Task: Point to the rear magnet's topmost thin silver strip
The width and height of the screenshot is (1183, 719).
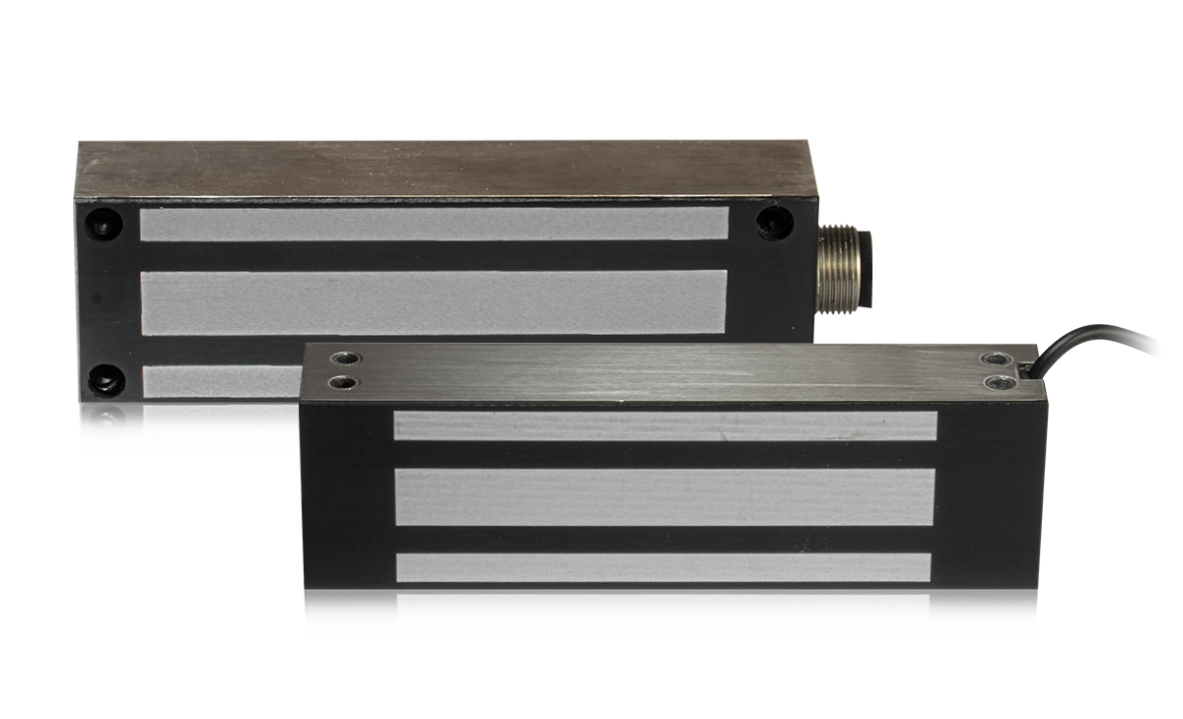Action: click(434, 224)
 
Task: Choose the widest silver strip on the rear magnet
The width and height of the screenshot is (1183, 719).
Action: click(434, 301)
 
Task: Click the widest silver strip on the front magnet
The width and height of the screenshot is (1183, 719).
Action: click(664, 496)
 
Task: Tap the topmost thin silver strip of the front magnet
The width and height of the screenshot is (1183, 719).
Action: click(664, 425)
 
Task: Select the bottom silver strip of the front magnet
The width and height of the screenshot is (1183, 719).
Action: click(662, 609)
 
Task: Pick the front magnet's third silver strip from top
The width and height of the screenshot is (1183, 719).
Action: click(662, 567)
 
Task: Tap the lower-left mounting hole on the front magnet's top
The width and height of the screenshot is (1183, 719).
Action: click(342, 381)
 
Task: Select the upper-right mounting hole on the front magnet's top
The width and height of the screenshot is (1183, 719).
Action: click(998, 359)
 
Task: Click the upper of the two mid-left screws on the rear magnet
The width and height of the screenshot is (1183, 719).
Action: click(104, 379)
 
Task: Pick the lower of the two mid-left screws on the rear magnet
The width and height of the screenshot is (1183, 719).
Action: click(103, 424)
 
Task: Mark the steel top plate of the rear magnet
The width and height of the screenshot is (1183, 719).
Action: click(444, 169)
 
